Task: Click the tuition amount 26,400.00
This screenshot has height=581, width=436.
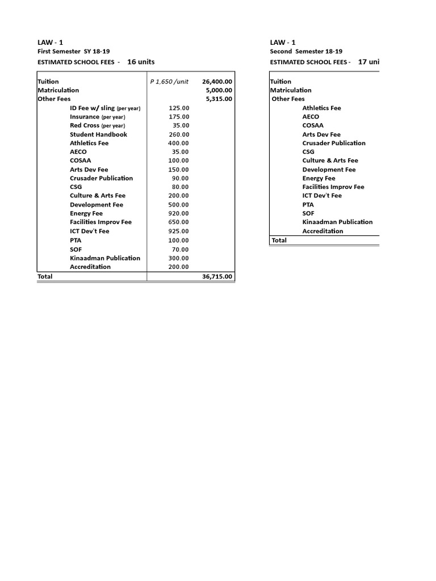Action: coord(217,82)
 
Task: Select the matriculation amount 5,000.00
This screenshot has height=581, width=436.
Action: coord(219,90)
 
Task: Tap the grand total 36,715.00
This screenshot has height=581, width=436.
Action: coord(217,277)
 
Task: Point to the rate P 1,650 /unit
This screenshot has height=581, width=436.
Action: coord(169,82)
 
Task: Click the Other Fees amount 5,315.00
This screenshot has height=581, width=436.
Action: coord(219,99)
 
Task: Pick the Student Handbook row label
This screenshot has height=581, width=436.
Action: coord(98,134)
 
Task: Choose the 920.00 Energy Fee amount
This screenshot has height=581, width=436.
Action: coord(179,213)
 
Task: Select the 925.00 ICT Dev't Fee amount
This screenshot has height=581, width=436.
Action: coord(179,231)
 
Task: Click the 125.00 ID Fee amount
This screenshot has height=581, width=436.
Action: coord(179,108)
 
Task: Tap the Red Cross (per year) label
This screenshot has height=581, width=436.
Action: coord(97,125)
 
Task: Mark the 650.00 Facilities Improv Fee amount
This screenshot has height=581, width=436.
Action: coord(179,222)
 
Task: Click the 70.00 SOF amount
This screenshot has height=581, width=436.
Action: coord(181,249)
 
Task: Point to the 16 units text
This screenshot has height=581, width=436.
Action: coord(141,62)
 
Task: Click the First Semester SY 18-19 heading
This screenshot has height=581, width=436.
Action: coord(74,51)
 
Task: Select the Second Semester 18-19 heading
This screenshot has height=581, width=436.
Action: coord(306,51)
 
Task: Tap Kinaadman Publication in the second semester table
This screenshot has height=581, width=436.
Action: coord(337,222)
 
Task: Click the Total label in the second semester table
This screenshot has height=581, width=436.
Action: coord(279,240)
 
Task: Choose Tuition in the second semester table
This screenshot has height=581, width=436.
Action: coord(280,82)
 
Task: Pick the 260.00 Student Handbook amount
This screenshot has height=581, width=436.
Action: coord(179,134)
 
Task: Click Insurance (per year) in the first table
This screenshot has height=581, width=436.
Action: coord(97,117)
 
